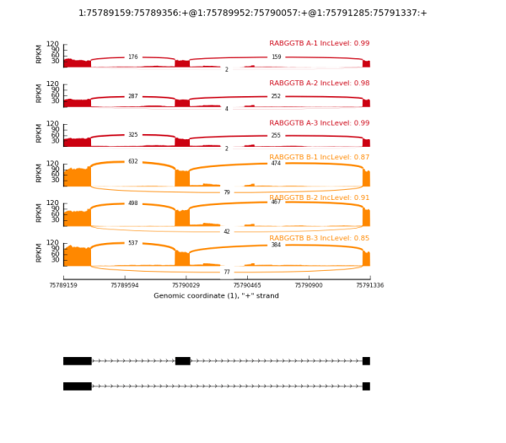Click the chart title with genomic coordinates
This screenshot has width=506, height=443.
(x=253, y=13)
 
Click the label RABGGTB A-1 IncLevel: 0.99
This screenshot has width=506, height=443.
(x=319, y=44)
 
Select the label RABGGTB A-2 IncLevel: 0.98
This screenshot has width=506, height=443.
(x=319, y=84)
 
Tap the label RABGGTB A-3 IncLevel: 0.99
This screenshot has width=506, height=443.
(x=319, y=123)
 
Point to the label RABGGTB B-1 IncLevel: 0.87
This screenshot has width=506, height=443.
(x=319, y=158)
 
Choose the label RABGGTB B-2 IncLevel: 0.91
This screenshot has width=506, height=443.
(x=319, y=197)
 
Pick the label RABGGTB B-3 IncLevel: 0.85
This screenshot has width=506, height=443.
(x=319, y=238)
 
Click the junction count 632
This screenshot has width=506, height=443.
(x=132, y=161)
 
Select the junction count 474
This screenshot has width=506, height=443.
(x=276, y=163)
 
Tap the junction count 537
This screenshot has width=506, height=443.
(x=132, y=243)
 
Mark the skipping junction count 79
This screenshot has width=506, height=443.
(x=226, y=192)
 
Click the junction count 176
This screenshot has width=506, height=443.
(x=132, y=57)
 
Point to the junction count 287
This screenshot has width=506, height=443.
(x=132, y=97)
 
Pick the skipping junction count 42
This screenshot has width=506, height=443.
(x=226, y=231)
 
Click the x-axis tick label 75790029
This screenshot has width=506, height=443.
(x=186, y=285)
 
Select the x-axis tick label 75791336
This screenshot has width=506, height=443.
(x=369, y=285)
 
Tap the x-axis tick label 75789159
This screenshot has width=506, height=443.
(x=63, y=285)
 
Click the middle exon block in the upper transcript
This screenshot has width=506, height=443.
(x=182, y=361)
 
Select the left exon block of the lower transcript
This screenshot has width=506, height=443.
(x=77, y=386)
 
